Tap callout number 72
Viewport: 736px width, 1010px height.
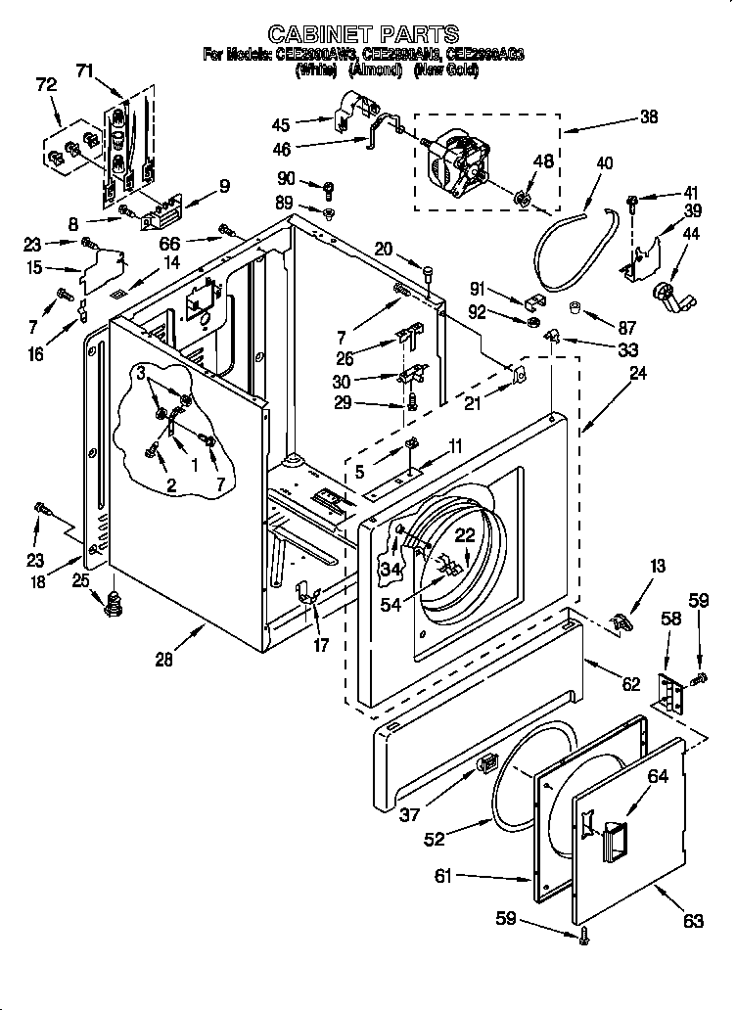tap(46, 86)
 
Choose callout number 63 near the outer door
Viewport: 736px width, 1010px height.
tap(693, 921)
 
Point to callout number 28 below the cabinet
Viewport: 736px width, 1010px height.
tap(163, 659)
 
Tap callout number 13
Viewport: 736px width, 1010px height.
tap(657, 566)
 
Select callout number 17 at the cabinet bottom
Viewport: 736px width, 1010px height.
tap(320, 645)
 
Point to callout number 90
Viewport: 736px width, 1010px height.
tap(285, 177)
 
